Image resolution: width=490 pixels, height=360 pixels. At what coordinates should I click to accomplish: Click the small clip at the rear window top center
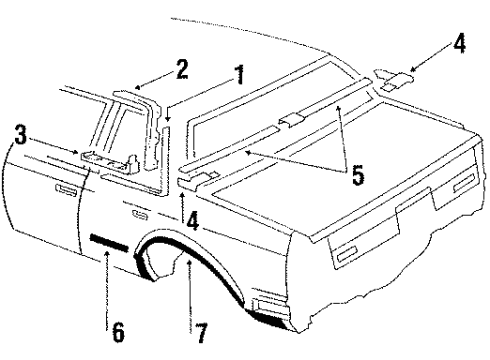291,120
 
